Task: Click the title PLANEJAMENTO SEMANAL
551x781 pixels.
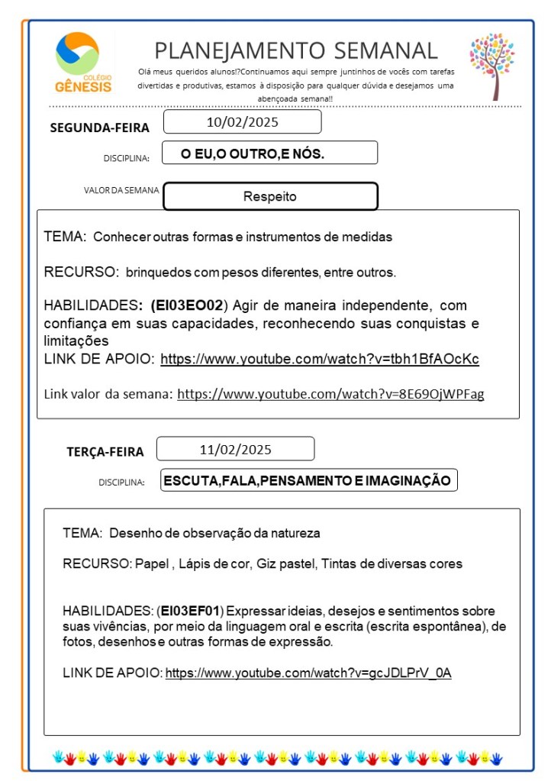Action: (296, 50)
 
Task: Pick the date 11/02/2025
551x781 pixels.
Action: (235, 449)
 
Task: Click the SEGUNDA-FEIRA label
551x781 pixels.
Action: (99, 127)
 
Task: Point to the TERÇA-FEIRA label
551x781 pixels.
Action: (105, 452)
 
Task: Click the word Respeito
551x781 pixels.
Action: (269, 197)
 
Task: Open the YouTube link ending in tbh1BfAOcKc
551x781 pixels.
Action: (319, 359)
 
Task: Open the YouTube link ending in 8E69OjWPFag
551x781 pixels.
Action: (330, 395)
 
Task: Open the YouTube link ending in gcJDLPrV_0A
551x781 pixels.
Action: (308, 673)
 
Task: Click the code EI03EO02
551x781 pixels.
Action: (187, 305)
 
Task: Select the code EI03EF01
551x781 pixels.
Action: (190, 611)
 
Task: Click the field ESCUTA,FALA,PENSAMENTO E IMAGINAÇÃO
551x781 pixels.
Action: (308, 481)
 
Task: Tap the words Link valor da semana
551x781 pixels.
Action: (108, 395)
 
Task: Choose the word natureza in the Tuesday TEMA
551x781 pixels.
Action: (295, 532)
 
